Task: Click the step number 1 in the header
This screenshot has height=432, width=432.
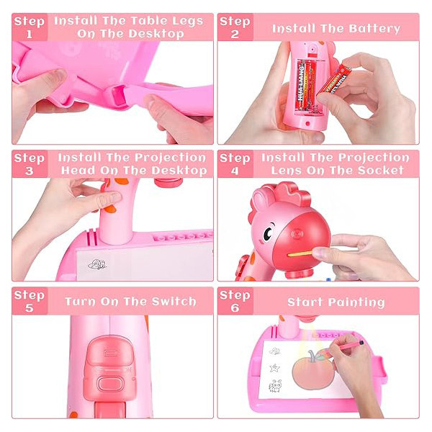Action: pos(30,34)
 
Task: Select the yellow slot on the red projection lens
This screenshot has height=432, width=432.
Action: pos(300,254)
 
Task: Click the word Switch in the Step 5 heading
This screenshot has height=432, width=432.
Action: pos(174,302)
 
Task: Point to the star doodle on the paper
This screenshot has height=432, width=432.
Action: pos(275,368)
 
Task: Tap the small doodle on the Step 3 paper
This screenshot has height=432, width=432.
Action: pos(97,264)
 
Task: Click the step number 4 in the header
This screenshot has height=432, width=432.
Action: pos(235,171)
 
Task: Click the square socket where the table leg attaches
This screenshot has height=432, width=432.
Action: pos(120,96)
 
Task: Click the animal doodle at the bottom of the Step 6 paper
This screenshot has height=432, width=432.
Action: pos(276,386)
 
